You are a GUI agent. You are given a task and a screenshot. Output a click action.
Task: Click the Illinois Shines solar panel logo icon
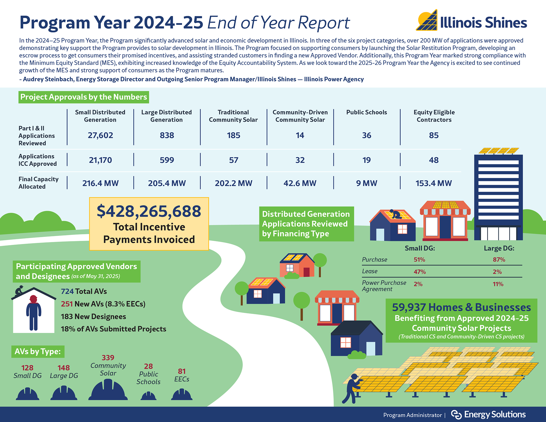427,20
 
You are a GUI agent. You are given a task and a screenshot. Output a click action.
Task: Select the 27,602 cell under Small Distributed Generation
100,135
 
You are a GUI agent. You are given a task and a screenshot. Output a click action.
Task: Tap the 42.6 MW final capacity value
300,183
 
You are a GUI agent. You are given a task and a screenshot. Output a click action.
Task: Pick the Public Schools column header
367,112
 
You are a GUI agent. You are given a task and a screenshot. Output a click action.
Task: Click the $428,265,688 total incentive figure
149,211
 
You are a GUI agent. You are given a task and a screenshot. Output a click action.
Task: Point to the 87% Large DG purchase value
499,260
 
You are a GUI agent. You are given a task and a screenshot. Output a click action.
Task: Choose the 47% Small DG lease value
419,272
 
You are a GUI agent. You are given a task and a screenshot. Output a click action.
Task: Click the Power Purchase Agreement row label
384,286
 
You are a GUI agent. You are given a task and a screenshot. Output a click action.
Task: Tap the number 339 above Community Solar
108,357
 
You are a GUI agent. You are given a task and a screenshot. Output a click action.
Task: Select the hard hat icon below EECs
182,395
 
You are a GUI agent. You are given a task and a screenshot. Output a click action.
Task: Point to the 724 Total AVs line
84,291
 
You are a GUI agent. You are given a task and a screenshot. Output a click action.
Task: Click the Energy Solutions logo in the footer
488,415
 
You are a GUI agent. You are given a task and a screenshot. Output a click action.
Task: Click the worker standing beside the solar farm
352,388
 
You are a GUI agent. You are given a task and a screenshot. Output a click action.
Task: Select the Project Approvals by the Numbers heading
84,97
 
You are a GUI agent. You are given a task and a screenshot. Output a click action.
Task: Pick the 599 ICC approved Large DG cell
167,160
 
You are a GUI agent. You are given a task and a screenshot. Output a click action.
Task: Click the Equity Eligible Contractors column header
434,116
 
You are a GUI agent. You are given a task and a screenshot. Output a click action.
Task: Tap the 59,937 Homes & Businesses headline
461,307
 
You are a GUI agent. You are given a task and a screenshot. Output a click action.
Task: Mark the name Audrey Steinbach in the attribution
48,79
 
